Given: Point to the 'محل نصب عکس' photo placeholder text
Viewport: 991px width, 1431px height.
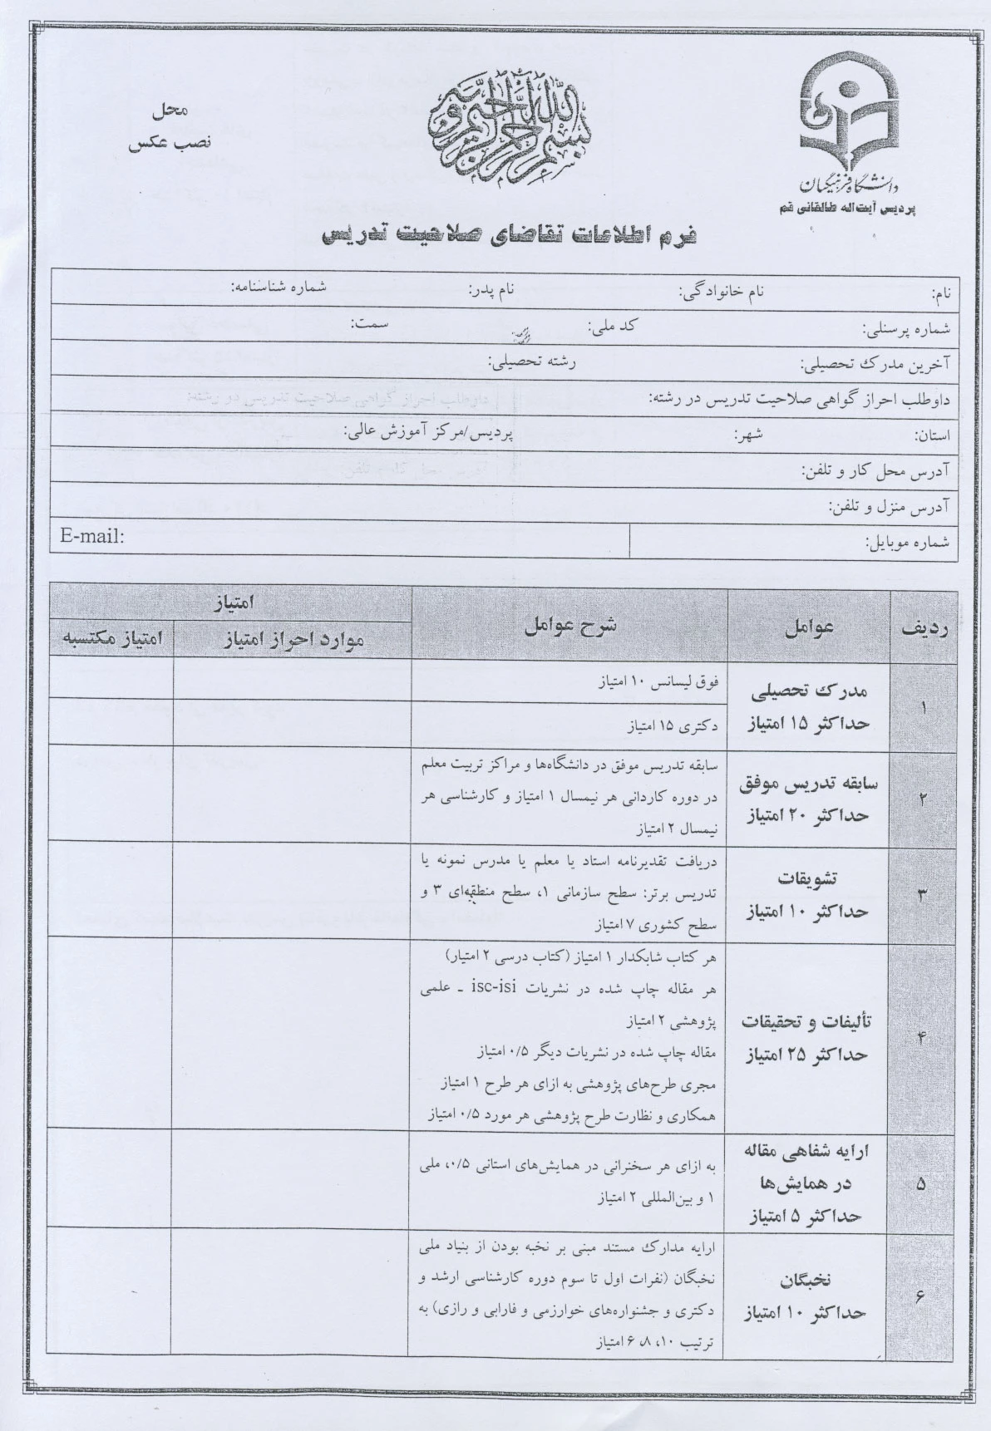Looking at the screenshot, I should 171,125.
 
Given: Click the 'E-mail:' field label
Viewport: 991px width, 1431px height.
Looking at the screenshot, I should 91,536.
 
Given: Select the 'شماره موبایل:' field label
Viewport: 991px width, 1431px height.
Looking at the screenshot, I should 910,543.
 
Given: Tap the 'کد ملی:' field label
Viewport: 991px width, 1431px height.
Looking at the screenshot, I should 611,326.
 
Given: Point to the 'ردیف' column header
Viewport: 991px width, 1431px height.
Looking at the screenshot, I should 924,629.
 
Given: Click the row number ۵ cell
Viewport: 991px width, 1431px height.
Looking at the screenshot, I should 920,1184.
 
